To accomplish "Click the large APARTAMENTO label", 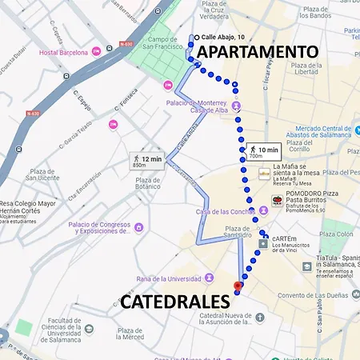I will coord(258,52).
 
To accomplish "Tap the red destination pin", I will coord(237,286).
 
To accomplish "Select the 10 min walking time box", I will coord(262,151).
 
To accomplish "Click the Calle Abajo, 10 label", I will coord(223,37).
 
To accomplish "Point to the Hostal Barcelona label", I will coord(63,52).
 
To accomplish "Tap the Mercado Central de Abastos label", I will coord(324,132).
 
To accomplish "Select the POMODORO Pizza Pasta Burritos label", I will coord(315,203).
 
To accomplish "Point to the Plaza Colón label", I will coord(336,234).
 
